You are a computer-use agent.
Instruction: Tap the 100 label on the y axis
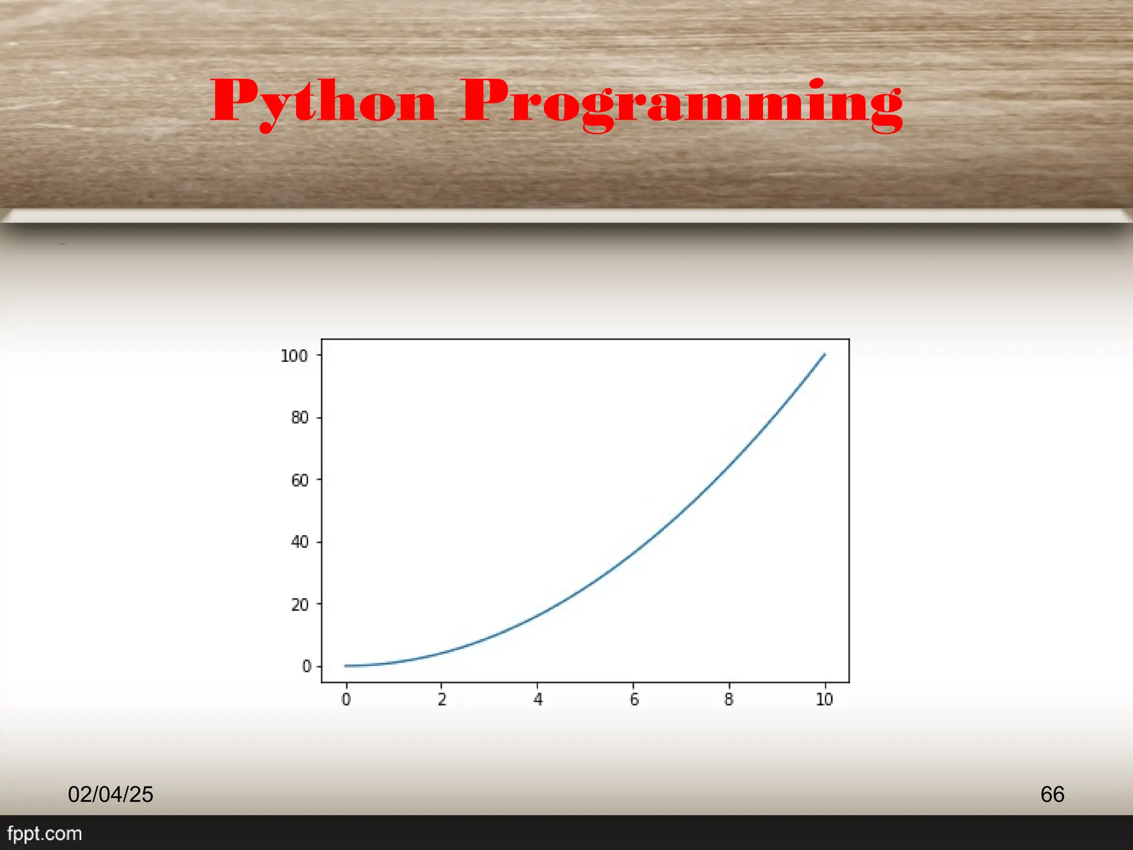tap(294, 356)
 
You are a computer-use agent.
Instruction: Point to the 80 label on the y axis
tap(299, 418)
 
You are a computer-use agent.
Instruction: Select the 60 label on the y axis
tap(299, 480)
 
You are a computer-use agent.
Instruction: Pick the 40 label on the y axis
tap(299, 542)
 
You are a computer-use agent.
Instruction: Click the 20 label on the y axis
tap(299, 604)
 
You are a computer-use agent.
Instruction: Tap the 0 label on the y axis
tap(306, 666)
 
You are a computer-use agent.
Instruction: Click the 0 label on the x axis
tap(346, 699)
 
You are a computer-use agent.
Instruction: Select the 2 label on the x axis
tap(441, 699)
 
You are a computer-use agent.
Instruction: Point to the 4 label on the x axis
tap(538, 699)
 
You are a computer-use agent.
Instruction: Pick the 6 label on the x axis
tap(634, 699)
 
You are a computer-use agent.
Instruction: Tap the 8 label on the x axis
tap(729, 699)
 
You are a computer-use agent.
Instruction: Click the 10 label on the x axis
tap(824, 699)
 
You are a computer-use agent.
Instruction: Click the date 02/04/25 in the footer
tap(111, 794)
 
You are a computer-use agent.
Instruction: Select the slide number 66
tap(1052, 794)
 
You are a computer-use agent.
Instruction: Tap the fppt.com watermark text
tap(44, 833)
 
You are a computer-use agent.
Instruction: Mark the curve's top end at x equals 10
tap(824, 354)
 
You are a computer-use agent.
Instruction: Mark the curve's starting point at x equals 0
tap(346, 666)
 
